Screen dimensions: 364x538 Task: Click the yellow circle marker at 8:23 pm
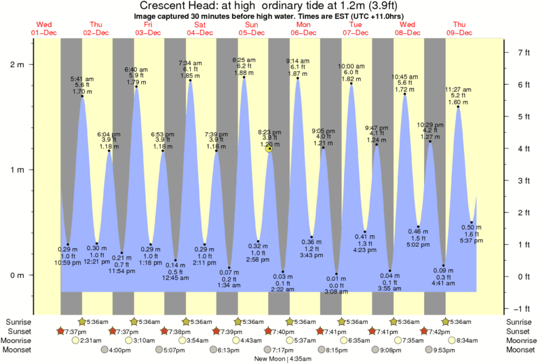click(269, 147)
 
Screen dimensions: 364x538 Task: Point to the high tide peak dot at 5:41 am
click(82, 96)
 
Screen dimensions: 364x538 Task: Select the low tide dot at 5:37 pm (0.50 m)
click(472, 222)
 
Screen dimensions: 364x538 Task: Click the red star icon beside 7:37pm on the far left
click(61, 331)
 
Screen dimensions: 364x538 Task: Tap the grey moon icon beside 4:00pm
click(104, 350)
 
